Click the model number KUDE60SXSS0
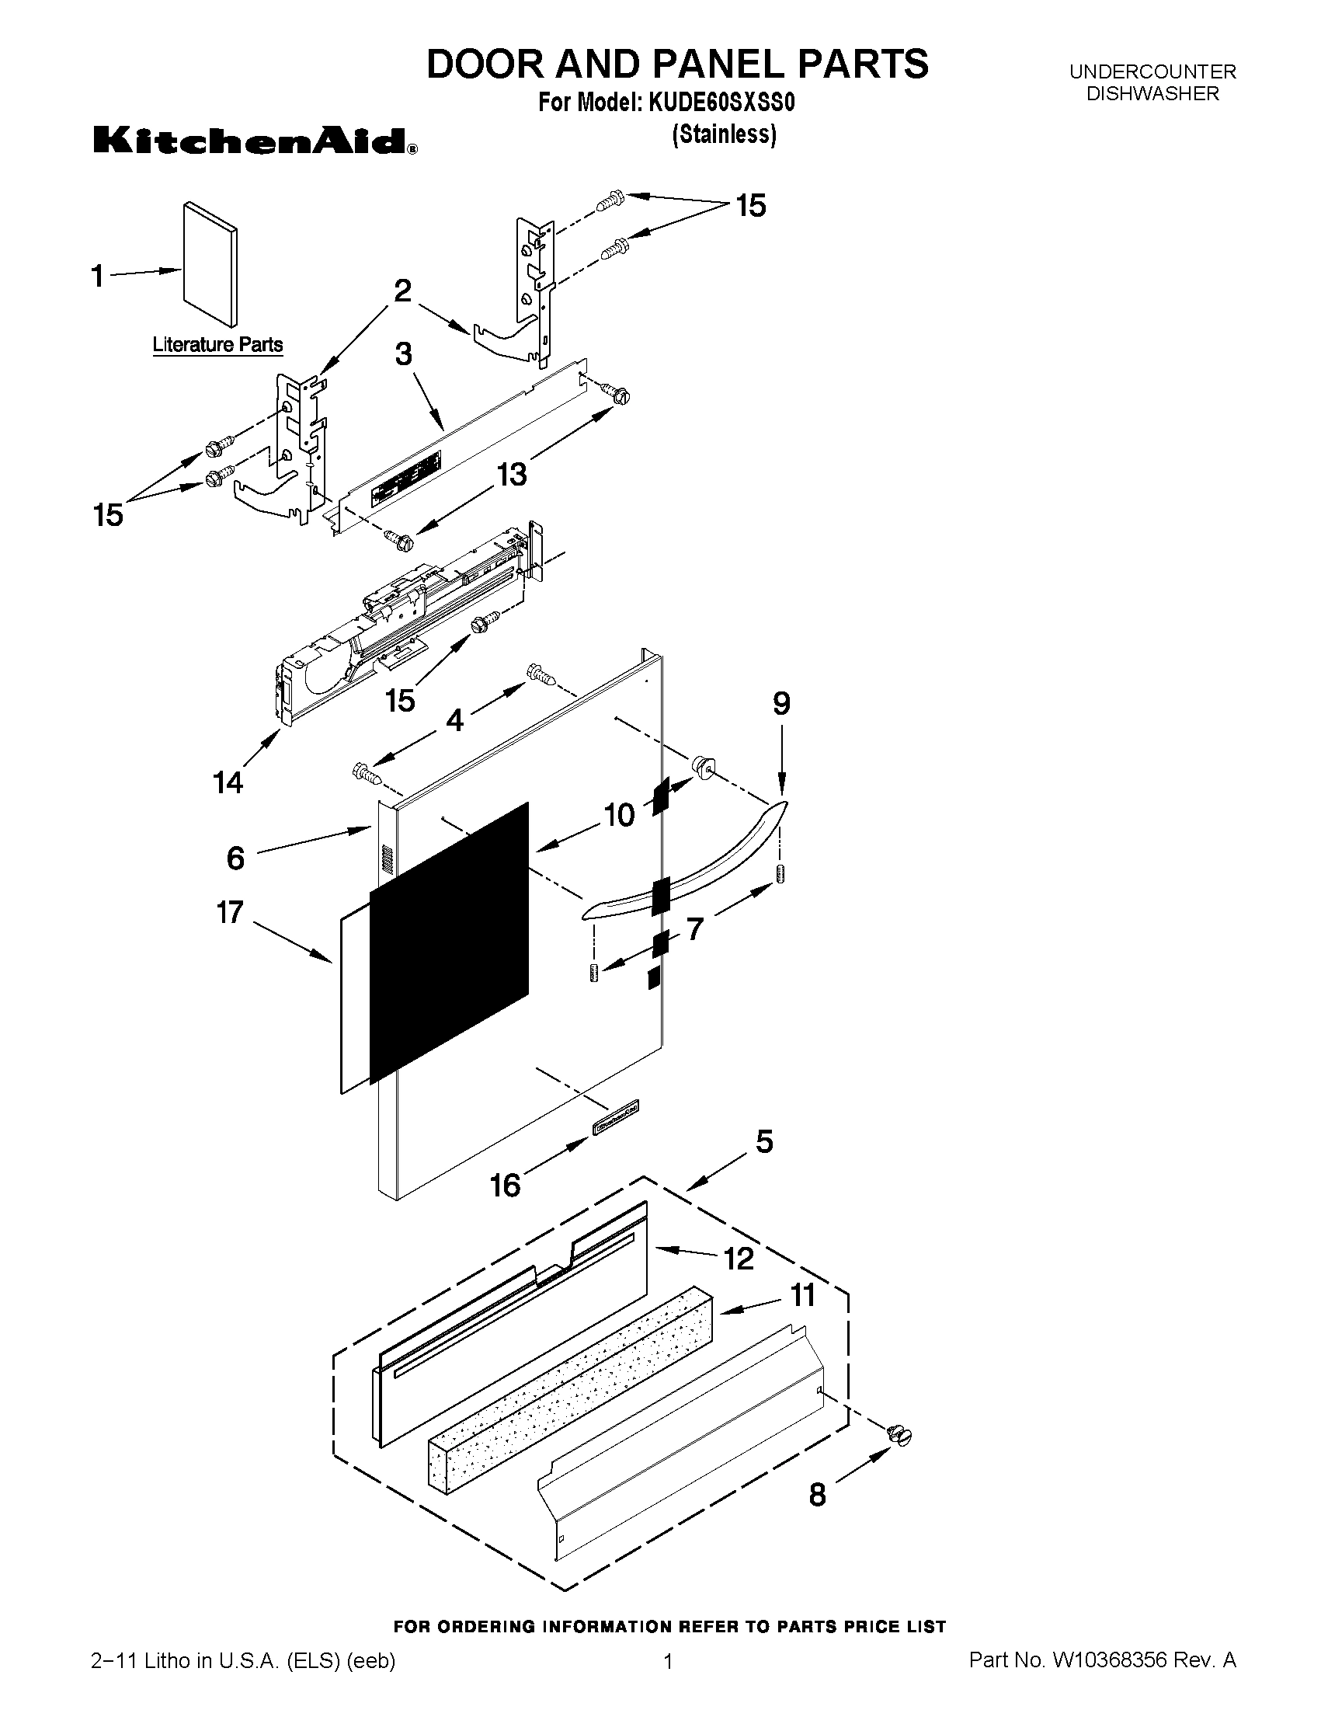(721, 103)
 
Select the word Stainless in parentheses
(725, 134)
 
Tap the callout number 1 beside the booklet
(98, 276)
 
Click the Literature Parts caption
(217, 344)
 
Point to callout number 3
(403, 355)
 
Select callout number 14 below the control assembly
(228, 782)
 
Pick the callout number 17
(230, 912)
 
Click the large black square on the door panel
(448, 939)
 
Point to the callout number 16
(505, 1185)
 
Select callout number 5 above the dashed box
(764, 1141)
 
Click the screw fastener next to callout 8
(899, 1435)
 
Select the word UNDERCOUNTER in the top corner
(1152, 72)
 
